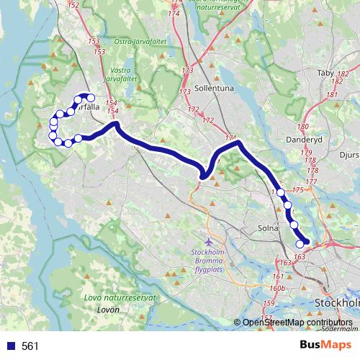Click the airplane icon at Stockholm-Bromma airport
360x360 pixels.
[209, 241]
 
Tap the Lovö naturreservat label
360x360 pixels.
[120, 298]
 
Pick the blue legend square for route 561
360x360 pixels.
[9, 346]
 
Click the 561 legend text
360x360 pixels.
[30, 346]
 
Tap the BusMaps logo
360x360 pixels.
[325, 345]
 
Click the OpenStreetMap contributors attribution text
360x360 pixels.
[297, 323]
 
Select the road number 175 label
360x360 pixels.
[299, 189]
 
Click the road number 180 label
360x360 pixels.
[302, 125]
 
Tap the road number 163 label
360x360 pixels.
[300, 256]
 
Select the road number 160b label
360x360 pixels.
[277, 288]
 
